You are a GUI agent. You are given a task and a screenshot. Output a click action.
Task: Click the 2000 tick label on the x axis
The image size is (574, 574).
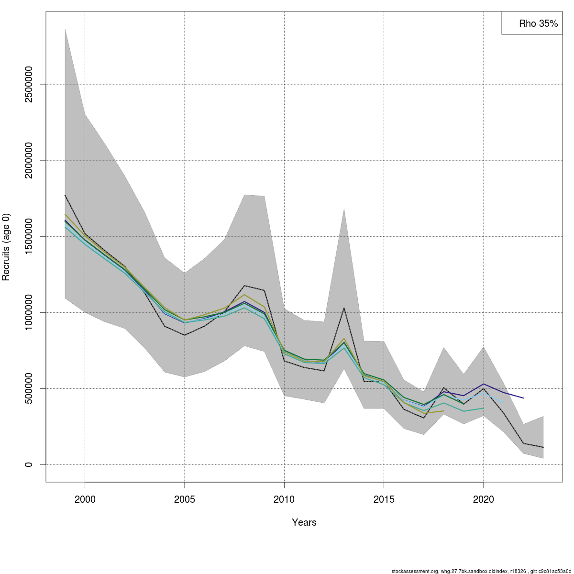(x=85, y=500)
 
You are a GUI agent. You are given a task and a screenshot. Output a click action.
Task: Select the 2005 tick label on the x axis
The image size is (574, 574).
(x=185, y=500)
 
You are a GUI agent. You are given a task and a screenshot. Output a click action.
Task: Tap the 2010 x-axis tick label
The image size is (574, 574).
(x=284, y=500)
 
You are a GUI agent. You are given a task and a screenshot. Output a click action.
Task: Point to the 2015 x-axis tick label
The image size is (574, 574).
(x=384, y=500)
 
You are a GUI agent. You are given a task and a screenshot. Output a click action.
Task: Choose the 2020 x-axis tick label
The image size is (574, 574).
(x=484, y=500)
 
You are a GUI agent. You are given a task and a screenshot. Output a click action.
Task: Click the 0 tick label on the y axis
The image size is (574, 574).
(x=29, y=464)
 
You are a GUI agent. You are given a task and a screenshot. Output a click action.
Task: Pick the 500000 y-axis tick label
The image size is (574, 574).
(x=29, y=388)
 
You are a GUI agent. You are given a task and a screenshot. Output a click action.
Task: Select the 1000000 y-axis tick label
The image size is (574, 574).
(x=29, y=312)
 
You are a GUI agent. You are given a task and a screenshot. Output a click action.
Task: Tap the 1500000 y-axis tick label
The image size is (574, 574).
(x=29, y=236)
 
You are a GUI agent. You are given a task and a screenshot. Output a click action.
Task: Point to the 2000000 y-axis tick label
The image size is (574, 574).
(x=29, y=160)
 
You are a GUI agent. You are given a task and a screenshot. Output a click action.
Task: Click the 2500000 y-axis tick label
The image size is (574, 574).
(x=29, y=84)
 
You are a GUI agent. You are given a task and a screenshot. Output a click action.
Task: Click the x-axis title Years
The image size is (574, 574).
(x=304, y=522)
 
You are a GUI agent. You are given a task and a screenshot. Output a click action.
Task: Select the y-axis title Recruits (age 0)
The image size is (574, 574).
(x=6, y=247)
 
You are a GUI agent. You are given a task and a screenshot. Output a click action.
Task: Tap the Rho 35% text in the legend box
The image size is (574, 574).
(x=539, y=23)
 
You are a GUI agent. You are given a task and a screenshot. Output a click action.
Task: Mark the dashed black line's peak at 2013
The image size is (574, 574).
(x=344, y=308)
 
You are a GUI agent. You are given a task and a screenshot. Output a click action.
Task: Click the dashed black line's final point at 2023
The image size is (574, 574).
(x=543, y=447)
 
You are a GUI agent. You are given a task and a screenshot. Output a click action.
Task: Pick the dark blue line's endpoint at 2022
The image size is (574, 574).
(x=523, y=398)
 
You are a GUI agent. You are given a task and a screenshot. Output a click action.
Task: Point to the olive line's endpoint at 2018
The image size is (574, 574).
(x=444, y=411)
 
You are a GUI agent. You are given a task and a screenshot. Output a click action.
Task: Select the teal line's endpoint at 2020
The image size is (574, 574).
(x=484, y=408)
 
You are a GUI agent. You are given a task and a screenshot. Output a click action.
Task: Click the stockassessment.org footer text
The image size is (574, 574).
(x=481, y=571)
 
